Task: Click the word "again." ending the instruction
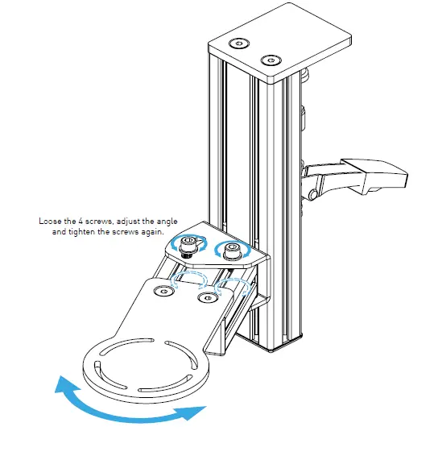(x=151, y=231)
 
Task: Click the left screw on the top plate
(x=236, y=44)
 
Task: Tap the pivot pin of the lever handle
(x=313, y=193)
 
